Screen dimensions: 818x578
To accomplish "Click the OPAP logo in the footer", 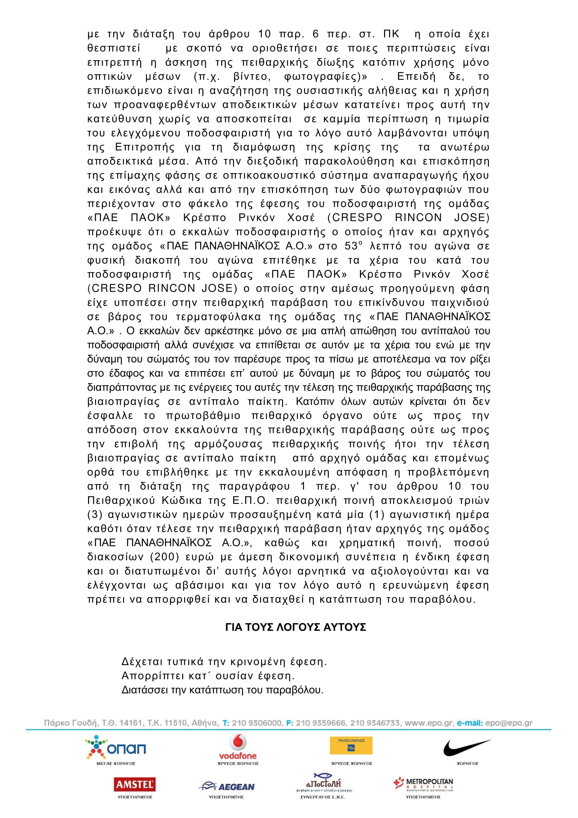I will [116, 747].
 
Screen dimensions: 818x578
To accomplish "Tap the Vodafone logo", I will [238, 746].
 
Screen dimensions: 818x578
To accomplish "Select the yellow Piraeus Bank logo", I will [351, 746].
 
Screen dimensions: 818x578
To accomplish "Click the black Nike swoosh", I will [467, 747].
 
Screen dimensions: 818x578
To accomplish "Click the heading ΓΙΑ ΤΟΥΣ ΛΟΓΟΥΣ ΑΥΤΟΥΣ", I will [296, 627].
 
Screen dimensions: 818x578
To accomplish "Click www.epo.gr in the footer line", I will [429, 723].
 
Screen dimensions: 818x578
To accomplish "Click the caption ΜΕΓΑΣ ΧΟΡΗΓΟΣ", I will [116, 763].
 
